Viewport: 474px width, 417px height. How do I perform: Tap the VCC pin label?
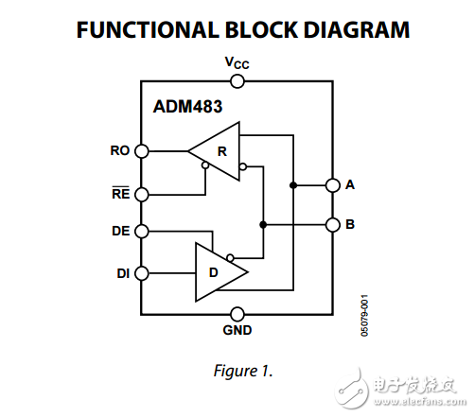click(237, 63)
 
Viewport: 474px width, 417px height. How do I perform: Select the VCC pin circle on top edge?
click(237, 81)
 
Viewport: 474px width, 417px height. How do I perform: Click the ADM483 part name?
click(187, 106)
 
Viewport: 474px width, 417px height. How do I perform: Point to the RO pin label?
click(120, 149)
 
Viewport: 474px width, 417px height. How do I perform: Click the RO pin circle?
click(142, 150)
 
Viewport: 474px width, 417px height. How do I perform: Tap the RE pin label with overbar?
click(120, 193)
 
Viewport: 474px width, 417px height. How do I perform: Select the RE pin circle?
click(142, 194)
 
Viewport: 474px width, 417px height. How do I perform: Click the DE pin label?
click(120, 230)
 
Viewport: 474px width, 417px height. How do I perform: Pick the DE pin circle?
click(142, 231)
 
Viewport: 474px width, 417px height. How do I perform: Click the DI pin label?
click(122, 273)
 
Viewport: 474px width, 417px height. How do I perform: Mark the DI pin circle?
click(142, 273)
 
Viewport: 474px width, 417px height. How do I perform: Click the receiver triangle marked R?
click(218, 150)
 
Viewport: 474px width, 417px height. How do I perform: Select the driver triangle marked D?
click(217, 272)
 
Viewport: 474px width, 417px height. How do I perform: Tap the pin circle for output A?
click(332, 185)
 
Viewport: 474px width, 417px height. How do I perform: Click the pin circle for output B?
click(332, 225)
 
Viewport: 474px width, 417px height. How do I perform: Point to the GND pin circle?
click(237, 314)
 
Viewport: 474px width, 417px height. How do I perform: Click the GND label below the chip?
click(237, 332)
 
